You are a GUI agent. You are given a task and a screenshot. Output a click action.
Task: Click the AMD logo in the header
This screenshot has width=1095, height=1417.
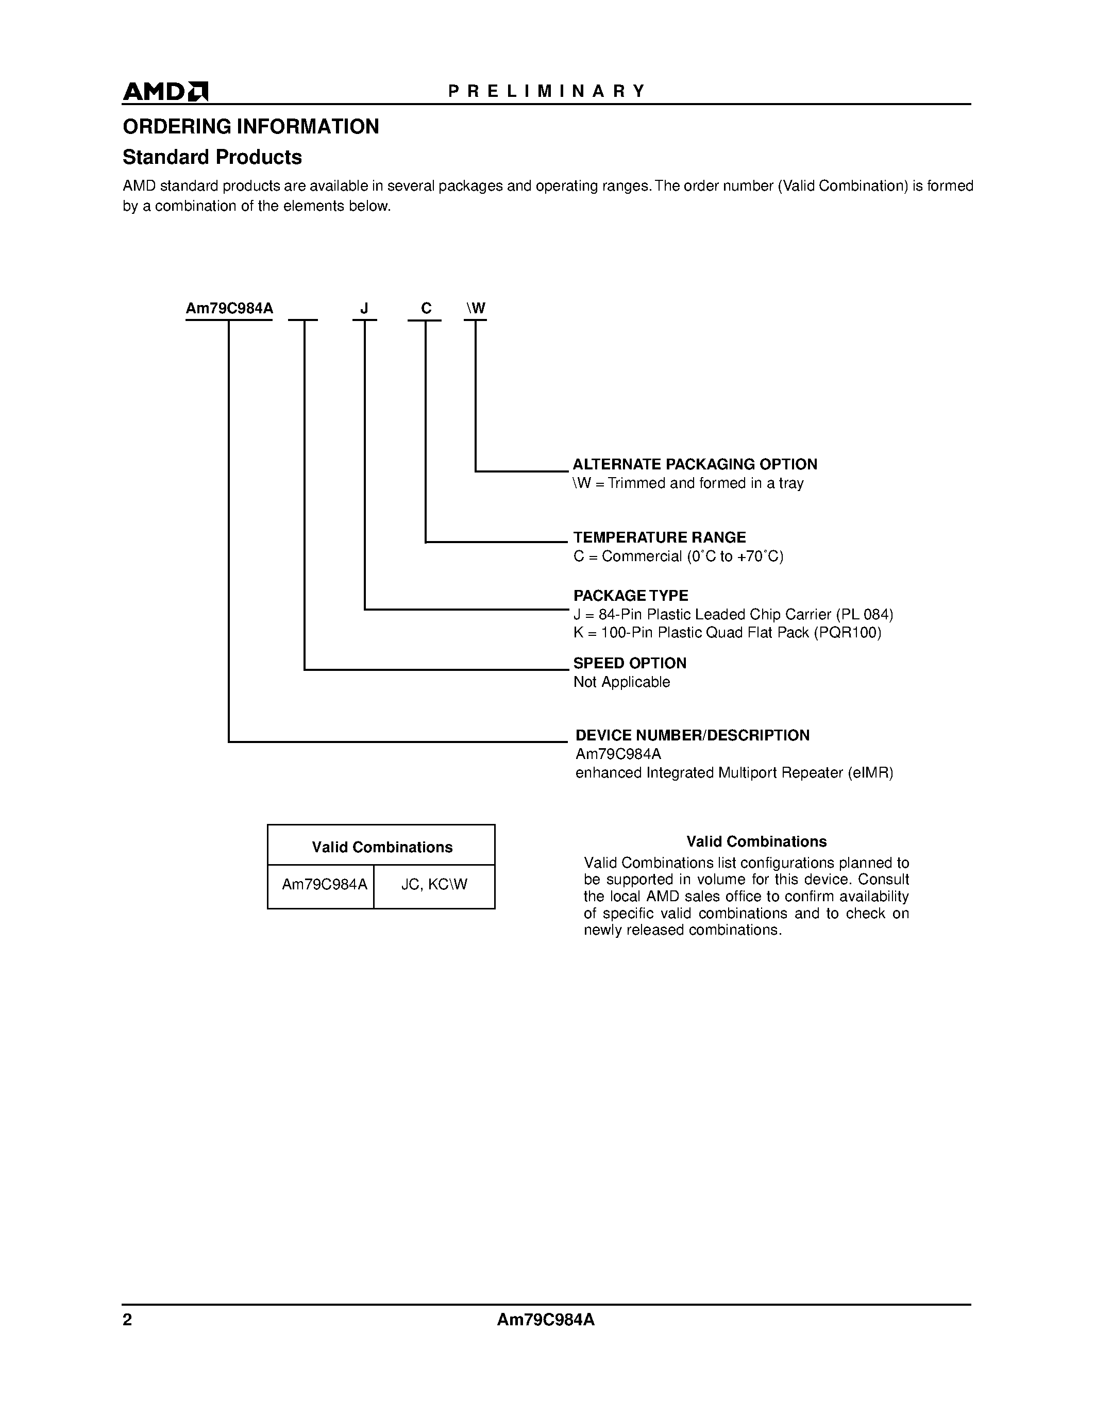click(x=165, y=92)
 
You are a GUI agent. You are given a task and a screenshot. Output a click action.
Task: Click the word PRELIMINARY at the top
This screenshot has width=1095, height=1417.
click(x=547, y=91)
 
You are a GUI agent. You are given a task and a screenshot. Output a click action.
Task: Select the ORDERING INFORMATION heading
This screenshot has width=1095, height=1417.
click(x=251, y=127)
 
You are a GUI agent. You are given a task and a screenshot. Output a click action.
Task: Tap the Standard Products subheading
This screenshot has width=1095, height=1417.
click(x=212, y=157)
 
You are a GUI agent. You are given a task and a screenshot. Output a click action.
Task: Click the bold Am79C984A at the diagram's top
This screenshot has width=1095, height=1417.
click(x=229, y=309)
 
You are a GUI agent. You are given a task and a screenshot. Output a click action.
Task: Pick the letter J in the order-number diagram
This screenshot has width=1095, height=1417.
click(x=364, y=309)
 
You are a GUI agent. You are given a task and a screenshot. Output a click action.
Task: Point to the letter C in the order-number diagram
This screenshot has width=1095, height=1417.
click(x=426, y=309)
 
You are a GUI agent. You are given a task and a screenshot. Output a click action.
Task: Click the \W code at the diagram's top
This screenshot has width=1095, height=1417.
click(x=476, y=309)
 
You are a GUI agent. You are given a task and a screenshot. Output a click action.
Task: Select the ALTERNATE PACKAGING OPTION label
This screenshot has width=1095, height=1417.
click(x=694, y=465)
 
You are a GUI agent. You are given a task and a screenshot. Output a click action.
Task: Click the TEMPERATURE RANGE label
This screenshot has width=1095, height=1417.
click(x=659, y=537)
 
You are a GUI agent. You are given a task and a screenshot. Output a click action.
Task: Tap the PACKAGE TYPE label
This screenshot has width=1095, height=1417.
click(x=631, y=596)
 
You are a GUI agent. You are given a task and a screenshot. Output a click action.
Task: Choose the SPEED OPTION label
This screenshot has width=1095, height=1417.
click(x=629, y=663)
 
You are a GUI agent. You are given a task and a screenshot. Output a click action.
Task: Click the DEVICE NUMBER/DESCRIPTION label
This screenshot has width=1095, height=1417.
click(x=692, y=735)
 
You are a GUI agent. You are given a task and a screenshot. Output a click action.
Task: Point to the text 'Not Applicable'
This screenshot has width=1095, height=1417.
click(x=621, y=682)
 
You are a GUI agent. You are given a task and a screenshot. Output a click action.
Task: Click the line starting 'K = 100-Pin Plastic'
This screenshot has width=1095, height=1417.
click(x=727, y=633)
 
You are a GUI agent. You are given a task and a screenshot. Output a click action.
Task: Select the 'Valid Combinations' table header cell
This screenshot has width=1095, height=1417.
click(x=381, y=847)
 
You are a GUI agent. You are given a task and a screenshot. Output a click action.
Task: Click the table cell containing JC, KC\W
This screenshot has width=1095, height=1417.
click(x=434, y=884)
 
